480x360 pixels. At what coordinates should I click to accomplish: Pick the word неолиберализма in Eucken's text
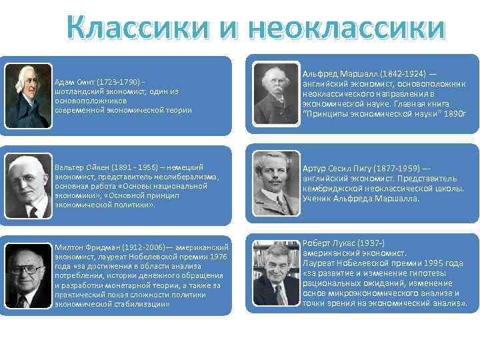[x=183, y=177]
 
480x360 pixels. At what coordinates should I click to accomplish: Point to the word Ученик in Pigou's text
[x=317, y=198]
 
